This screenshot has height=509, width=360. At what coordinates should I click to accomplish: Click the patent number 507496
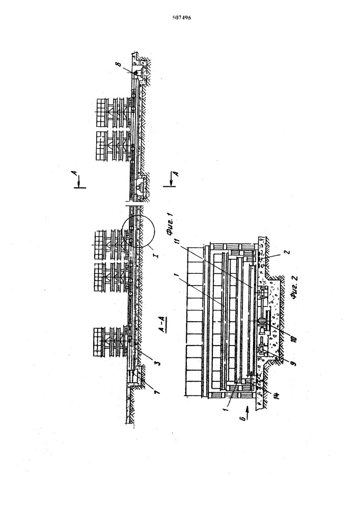click(x=181, y=18)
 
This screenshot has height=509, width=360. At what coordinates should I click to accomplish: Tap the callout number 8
click(x=119, y=64)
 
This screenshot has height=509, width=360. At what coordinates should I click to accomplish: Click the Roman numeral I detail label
click(x=157, y=256)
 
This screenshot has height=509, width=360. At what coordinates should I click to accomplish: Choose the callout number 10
click(x=294, y=338)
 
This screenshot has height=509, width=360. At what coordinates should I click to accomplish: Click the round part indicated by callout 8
click(x=135, y=73)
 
